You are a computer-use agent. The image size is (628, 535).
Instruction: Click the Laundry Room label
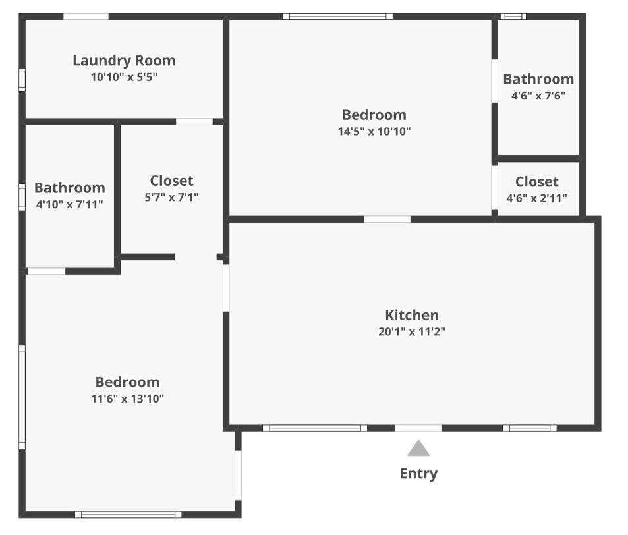pyautogui.click(x=124, y=61)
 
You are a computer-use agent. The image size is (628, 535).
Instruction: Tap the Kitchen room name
pyautogui.click(x=412, y=315)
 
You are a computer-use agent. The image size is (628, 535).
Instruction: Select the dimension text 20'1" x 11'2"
pyautogui.click(x=412, y=332)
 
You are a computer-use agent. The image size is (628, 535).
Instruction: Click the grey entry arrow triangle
pyautogui.click(x=418, y=449)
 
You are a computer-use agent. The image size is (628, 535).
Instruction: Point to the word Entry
pyautogui.click(x=418, y=473)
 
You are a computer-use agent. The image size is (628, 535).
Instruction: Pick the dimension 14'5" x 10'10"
pyautogui.click(x=374, y=131)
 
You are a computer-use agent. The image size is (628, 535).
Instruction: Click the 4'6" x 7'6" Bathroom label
pyautogui.click(x=538, y=79)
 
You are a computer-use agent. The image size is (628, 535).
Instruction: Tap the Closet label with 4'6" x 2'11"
pyautogui.click(x=536, y=181)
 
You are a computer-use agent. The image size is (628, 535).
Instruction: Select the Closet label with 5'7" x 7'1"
pyautogui.click(x=171, y=180)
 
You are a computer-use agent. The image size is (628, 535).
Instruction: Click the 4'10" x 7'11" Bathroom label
pyautogui.click(x=69, y=188)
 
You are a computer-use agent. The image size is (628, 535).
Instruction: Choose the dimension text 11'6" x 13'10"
pyautogui.click(x=128, y=399)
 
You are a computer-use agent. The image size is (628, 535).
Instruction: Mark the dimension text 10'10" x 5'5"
pyautogui.click(x=124, y=77)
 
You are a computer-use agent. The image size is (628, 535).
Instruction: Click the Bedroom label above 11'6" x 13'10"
pyautogui.click(x=128, y=382)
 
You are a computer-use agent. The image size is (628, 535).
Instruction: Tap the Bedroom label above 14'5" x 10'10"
pyautogui.click(x=374, y=115)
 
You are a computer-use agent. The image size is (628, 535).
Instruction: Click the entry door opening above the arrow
pyautogui.click(x=418, y=428)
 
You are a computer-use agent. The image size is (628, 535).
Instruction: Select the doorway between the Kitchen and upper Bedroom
pyautogui.click(x=387, y=219)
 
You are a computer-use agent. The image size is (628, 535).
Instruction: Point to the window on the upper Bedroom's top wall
pyautogui.click(x=338, y=16)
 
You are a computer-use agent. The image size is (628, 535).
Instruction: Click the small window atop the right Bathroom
pyautogui.click(x=513, y=16)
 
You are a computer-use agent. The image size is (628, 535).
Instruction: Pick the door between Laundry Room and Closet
pyautogui.click(x=194, y=121)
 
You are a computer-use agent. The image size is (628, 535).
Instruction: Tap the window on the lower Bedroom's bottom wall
pyautogui.click(x=128, y=514)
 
